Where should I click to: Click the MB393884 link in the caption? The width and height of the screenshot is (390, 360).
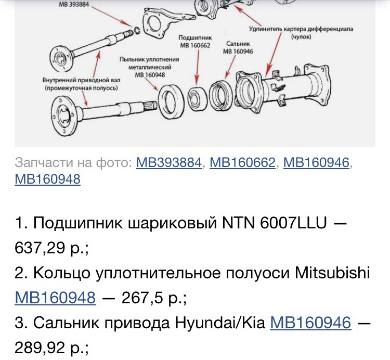(168, 162)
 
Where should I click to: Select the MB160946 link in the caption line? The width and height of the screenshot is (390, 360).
(316, 162)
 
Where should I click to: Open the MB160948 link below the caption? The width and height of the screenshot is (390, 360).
(48, 179)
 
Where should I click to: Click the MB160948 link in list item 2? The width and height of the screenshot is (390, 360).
(56, 298)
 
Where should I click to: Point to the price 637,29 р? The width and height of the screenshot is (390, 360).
(52, 248)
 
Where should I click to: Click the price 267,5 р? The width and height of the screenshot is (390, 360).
(154, 298)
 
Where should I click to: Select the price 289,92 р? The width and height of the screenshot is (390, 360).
(52, 348)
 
